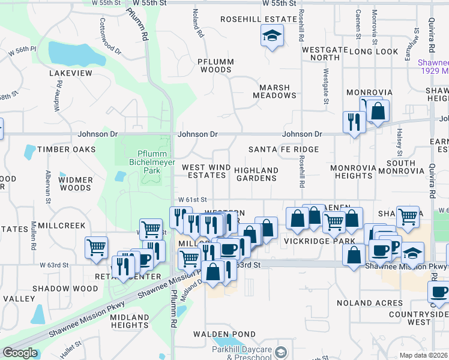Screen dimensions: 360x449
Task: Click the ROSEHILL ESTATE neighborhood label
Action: coord(259,19)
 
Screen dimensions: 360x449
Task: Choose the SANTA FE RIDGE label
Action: coord(283,149)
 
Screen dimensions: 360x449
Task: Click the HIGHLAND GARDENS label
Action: coord(256,174)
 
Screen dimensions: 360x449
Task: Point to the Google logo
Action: coord(19,353)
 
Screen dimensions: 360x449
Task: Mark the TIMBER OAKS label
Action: coord(66,149)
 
